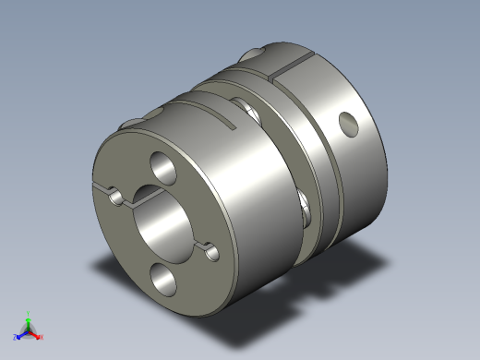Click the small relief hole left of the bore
pos(114,196)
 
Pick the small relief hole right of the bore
pos(212,248)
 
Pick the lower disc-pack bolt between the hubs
pos(305,205)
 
